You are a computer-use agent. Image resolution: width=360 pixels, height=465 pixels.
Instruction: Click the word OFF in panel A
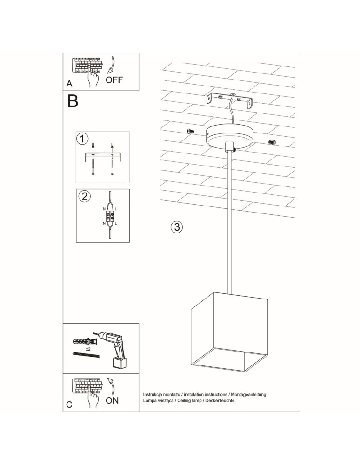pyautogui.click(x=114, y=80)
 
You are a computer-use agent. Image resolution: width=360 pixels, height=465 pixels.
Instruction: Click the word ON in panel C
pyautogui.click(x=112, y=400)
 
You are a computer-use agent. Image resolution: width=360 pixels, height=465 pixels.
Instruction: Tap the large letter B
pyautogui.click(x=73, y=101)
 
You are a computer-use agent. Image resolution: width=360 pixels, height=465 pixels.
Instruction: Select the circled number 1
pyautogui.click(x=82, y=139)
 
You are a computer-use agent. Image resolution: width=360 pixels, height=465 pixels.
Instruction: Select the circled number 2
pyautogui.click(x=84, y=196)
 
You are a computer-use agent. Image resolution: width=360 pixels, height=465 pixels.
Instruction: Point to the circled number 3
pyautogui.click(x=176, y=227)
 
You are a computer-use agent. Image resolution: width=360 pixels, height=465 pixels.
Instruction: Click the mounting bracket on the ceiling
pyautogui.click(x=230, y=101)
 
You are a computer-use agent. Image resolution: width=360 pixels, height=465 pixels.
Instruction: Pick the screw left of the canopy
pyautogui.click(x=190, y=132)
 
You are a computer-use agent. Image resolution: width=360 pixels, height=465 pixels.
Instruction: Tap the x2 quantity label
pyautogui.click(x=88, y=348)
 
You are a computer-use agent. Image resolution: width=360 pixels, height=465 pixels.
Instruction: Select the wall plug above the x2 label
pyautogui.click(x=85, y=341)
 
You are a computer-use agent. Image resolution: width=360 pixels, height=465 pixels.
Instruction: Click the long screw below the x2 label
pyautogui.click(x=87, y=356)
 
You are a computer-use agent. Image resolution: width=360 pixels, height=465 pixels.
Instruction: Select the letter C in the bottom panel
pyautogui.click(x=69, y=405)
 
